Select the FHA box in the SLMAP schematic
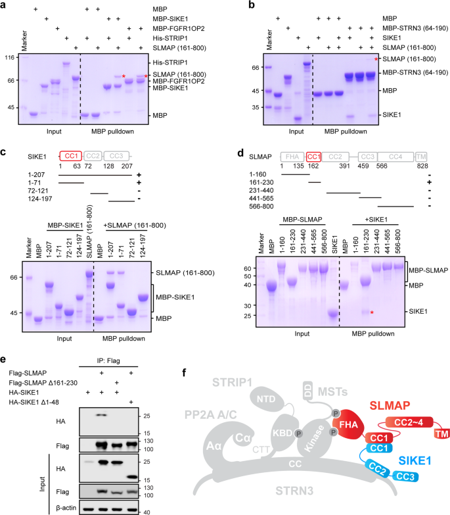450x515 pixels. tap(291, 156)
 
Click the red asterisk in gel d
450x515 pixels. tap(372, 312)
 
